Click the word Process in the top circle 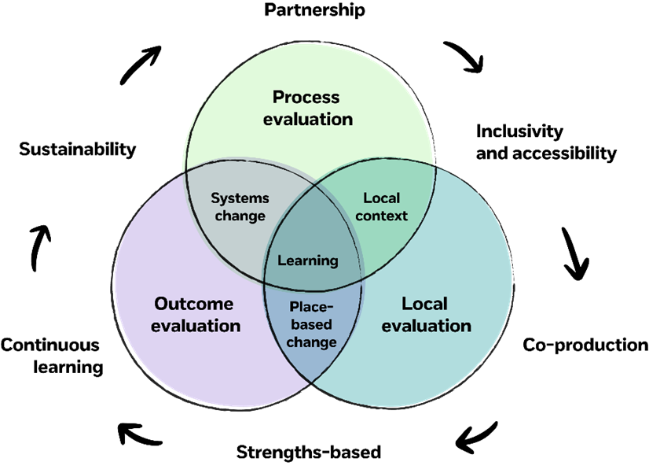click(306, 98)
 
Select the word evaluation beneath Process click(308, 120)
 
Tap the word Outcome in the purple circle click(194, 304)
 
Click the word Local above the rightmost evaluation click(424, 304)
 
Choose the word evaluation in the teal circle click(427, 325)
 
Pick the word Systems click(240, 198)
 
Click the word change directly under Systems click(240, 216)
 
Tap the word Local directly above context click(382, 198)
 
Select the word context click(382, 216)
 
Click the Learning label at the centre click(308, 261)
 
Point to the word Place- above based click(311, 307)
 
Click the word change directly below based click(311, 342)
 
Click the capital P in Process click(278, 98)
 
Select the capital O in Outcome click(161, 304)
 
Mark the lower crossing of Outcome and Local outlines click(313, 382)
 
